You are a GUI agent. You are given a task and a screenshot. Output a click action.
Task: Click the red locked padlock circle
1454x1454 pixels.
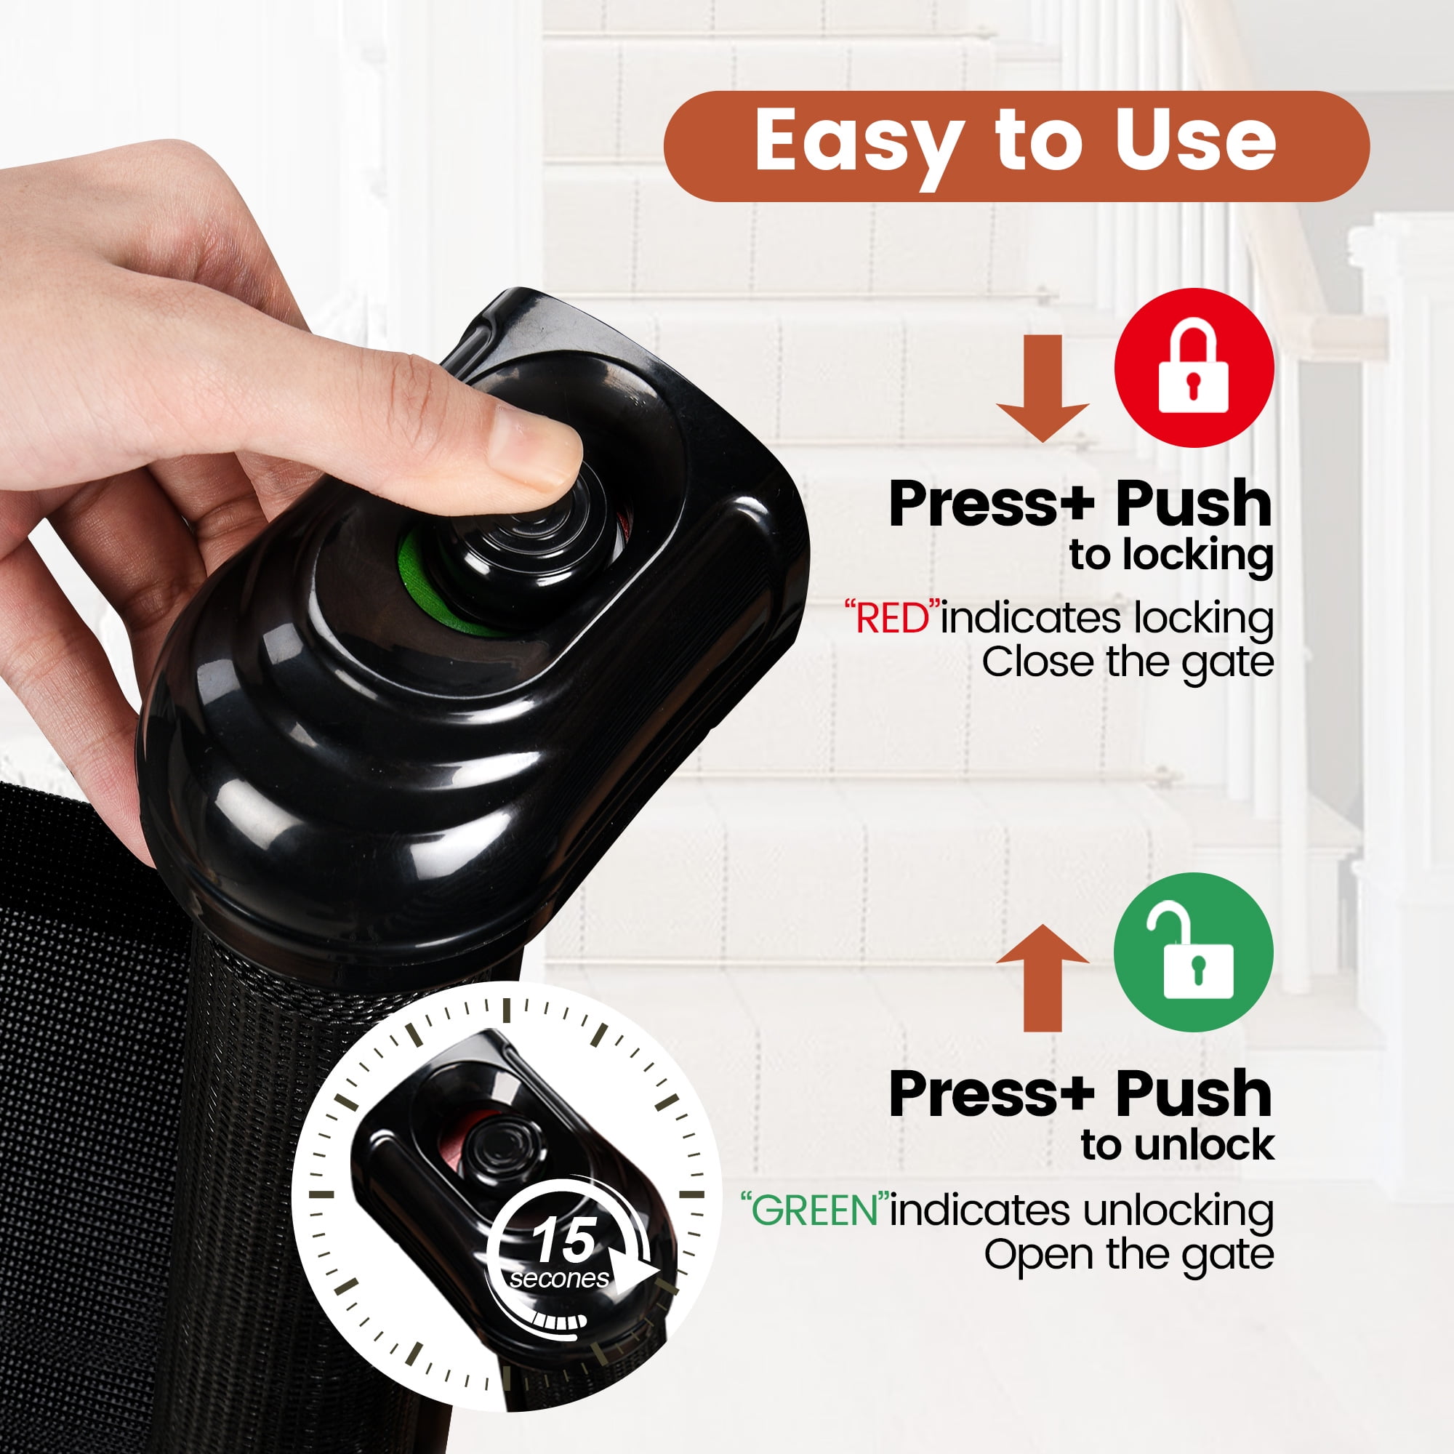point(1194,368)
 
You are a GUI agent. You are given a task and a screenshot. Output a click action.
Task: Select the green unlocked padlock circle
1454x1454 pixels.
point(1194,953)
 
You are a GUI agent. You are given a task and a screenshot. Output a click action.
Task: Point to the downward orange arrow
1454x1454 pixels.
point(1043,388)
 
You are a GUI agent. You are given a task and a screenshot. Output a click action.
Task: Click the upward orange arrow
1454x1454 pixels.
point(1043,978)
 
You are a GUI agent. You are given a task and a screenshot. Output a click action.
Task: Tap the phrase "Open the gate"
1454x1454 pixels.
point(1129,1255)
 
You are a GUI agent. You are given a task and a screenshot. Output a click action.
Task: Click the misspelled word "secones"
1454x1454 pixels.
point(559,1279)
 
